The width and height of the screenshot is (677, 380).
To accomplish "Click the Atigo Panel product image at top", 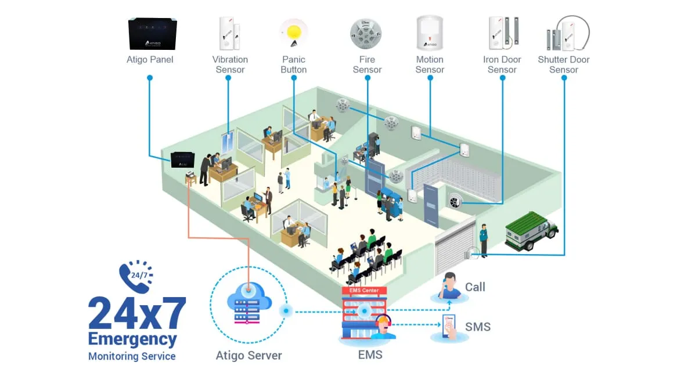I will [152, 34].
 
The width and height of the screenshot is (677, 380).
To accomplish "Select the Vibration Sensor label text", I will [230, 64].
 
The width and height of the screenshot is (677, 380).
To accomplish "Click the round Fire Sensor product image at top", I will [366, 34].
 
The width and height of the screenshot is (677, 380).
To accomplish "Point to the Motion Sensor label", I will [430, 64].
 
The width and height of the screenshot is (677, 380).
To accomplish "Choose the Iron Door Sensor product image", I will [503, 34].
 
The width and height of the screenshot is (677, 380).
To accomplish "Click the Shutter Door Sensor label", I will [563, 64].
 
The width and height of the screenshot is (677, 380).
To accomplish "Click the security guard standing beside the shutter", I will [483, 240].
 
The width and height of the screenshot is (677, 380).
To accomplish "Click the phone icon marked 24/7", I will [135, 277].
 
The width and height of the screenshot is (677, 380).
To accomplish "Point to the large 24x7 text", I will [137, 314].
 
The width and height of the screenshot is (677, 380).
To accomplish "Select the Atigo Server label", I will [249, 355].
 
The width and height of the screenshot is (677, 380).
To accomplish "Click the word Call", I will [475, 287].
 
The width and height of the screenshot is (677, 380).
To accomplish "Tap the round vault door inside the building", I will [454, 200].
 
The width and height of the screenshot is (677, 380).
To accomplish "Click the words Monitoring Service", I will [132, 356].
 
